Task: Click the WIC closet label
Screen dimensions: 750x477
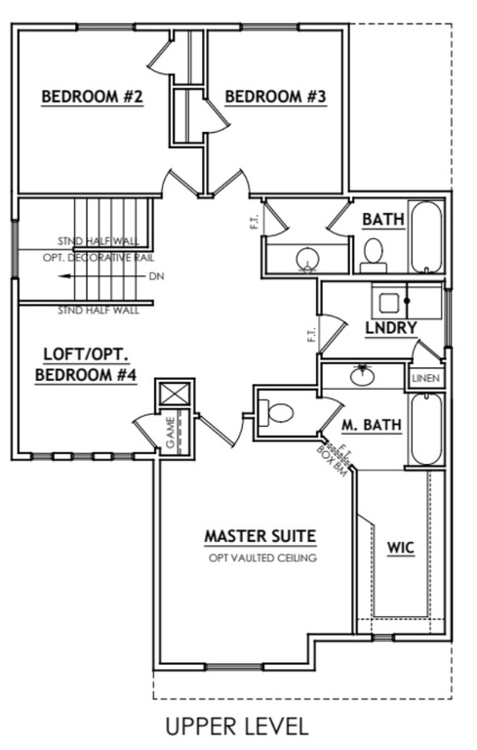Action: click(x=401, y=547)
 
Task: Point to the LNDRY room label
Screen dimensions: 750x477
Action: click(x=391, y=326)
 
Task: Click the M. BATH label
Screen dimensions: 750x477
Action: click(x=367, y=425)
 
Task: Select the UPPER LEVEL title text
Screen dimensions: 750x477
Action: click(x=236, y=727)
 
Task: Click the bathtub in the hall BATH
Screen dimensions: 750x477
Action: click(x=425, y=237)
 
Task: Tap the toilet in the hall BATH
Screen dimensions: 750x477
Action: click(x=373, y=254)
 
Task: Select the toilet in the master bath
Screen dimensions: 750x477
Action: click(x=277, y=411)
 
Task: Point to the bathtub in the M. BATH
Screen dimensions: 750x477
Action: click(x=426, y=430)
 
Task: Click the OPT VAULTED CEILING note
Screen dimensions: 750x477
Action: click(x=262, y=559)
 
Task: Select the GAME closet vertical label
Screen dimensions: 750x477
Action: click(x=170, y=433)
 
